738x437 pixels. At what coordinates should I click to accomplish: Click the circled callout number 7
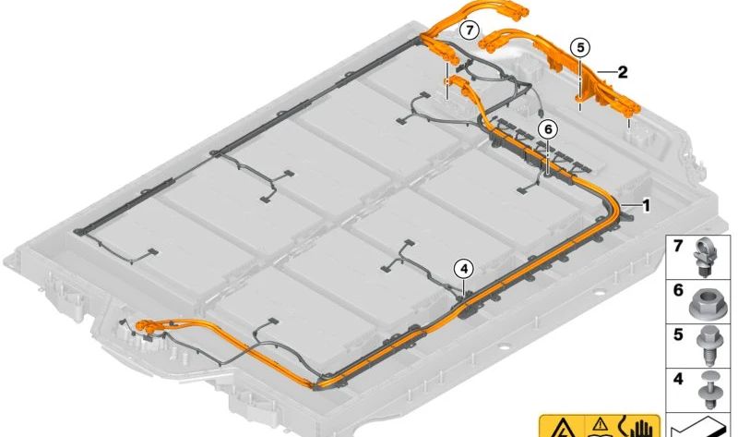click(470, 30)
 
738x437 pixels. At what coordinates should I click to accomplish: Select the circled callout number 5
click(579, 46)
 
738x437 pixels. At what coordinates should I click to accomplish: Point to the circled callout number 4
click(463, 268)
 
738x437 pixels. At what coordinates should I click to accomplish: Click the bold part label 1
click(647, 206)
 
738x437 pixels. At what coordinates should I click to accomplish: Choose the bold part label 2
click(623, 71)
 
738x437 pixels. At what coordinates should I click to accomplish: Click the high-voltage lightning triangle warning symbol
click(562, 428)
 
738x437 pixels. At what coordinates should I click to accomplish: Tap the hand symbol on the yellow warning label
click(638, 428)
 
